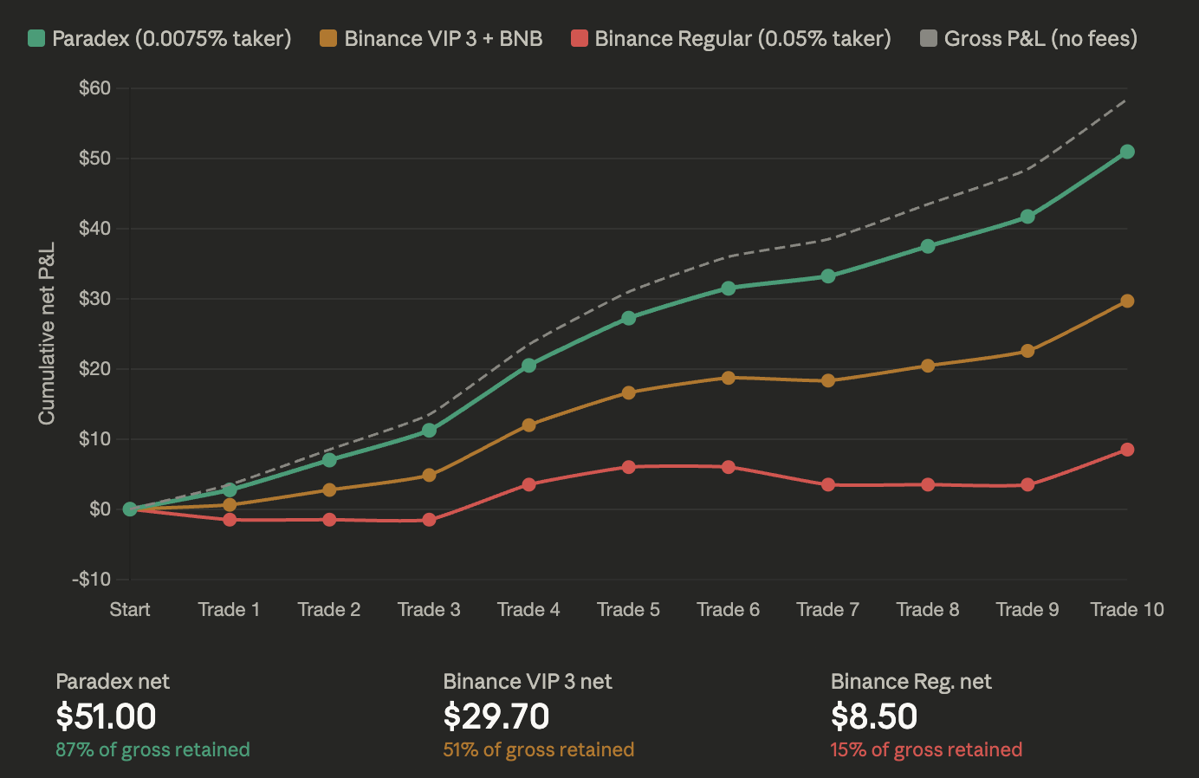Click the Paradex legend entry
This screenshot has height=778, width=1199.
pos(160,38)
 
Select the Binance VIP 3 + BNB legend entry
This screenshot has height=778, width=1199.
pos(431,38)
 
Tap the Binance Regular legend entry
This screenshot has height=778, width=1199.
pos(731,38)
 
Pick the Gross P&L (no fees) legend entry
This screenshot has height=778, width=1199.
pos(1028,38)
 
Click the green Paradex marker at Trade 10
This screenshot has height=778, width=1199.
pos(1127,152)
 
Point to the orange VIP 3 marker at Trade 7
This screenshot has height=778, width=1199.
pos(828,380)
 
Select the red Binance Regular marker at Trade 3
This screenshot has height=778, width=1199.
pos(429,520)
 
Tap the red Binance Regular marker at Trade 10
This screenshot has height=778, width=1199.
pos(1127,450)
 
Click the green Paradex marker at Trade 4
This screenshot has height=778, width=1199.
pos(528,366)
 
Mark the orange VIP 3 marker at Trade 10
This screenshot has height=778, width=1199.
pos(1127,301)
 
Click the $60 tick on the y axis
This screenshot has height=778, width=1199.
pos(94,88)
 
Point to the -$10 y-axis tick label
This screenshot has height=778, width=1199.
pos(91,579)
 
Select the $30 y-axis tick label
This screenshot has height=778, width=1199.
pos(94,299)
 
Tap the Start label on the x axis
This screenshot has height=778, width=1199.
pos(130,609)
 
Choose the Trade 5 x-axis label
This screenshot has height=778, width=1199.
pos(628,609)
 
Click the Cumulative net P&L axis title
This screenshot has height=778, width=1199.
pos(47,334)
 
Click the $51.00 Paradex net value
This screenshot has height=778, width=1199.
pos(106,716)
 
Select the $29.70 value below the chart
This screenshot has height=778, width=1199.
pos(496,716)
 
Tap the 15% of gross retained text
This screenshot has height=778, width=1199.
pos(926,749)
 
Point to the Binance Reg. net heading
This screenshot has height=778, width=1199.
pos(911,681)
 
